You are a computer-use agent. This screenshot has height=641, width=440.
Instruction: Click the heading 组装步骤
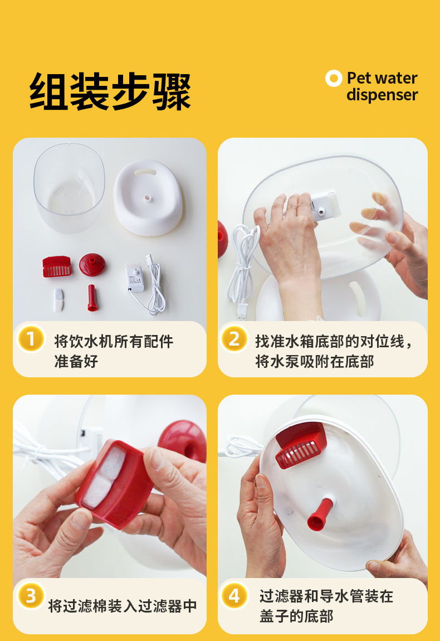click(110, 91)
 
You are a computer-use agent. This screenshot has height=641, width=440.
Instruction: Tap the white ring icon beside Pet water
click(333, 79)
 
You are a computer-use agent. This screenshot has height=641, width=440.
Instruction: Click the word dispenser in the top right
click(382, 95)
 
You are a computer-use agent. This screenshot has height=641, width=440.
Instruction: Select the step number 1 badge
click(31, 338)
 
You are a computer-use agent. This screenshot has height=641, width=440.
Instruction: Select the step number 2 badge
click(234, 338)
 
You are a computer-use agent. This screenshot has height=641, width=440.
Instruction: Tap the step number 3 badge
click(31, 596)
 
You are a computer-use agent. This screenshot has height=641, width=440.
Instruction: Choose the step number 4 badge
click(234, 596)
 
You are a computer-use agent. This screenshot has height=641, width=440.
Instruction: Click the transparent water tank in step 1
click(69, 187)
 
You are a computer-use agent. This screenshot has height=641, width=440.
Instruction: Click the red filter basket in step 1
click(57, 267)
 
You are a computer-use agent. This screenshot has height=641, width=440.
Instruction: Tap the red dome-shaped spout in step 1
click(92, 264)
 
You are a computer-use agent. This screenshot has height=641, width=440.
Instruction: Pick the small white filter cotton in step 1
click(58, 299)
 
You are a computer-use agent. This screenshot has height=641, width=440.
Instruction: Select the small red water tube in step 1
click(92, 298)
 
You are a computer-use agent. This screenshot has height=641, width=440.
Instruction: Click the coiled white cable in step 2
click(243, 262)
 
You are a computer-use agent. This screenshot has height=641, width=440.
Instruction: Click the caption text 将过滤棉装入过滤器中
click(123, 606)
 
